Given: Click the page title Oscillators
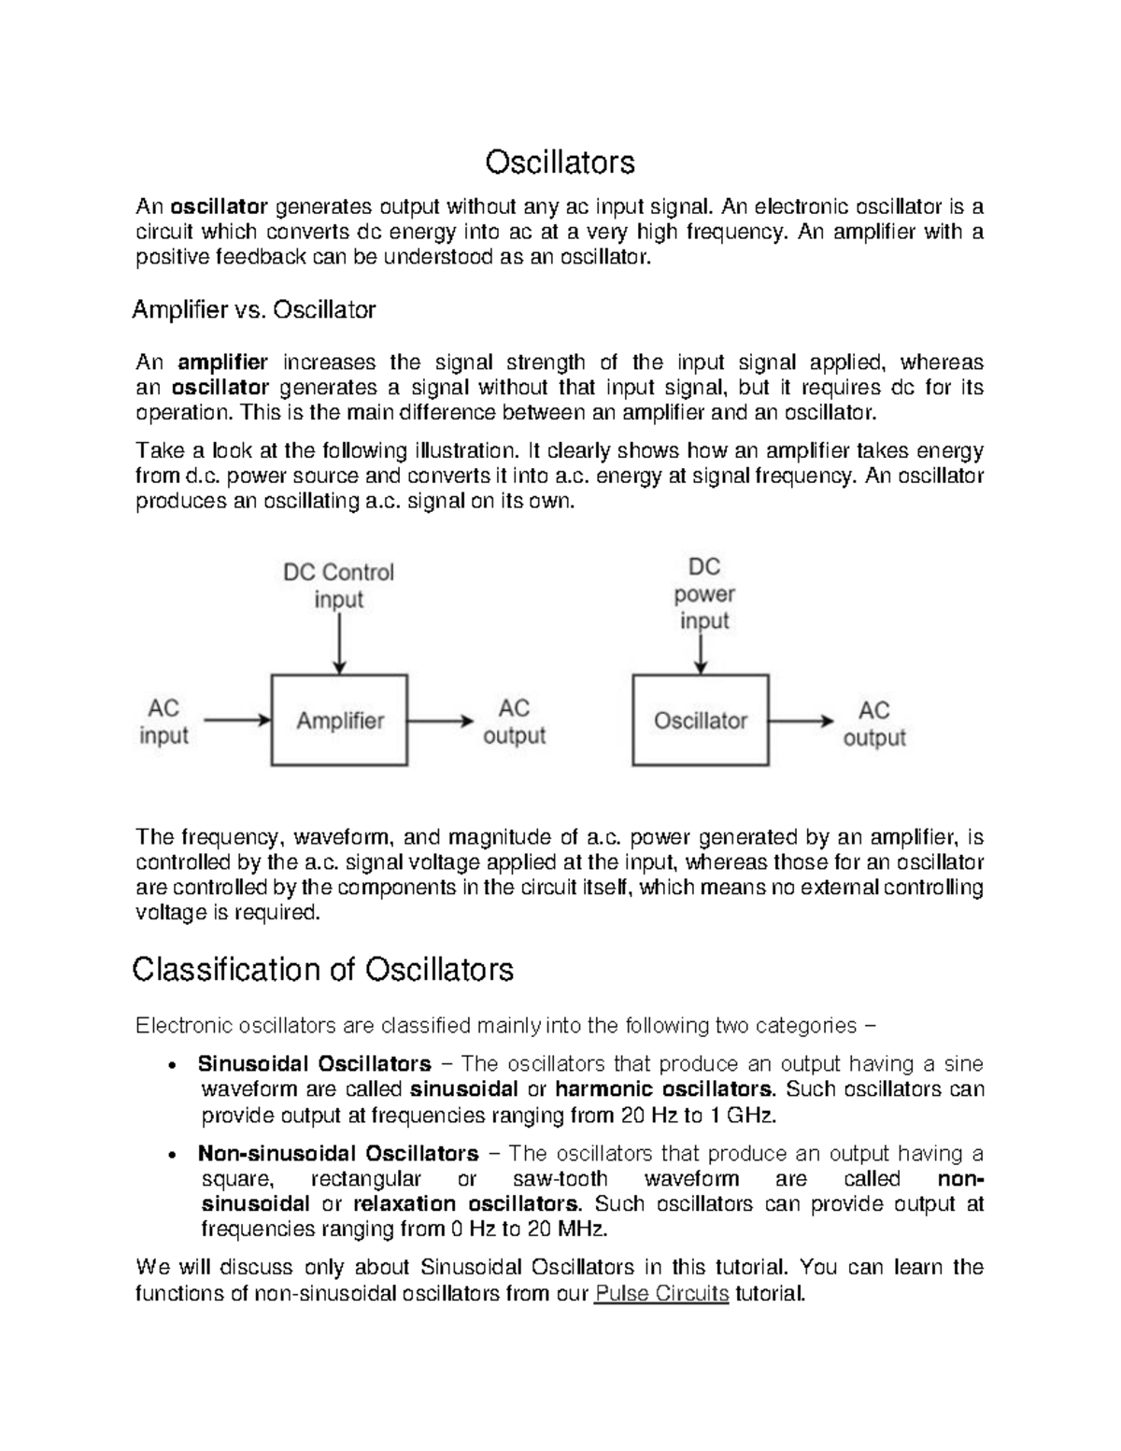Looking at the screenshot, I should coord(560,163).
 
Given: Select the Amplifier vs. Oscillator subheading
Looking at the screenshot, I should coord(254,310).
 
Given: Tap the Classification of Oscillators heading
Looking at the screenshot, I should coord(322,970).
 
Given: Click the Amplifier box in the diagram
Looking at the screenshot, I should coord(340,720).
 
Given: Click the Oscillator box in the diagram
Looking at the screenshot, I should coord(701,720).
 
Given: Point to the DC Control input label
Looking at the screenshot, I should coord(338,586).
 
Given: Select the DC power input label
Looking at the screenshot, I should coord(704,594).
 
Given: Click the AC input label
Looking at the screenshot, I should coord(163,722).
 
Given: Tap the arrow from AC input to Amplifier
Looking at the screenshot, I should coord(237,720).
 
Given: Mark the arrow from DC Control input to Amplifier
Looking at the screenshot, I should coord(340,645).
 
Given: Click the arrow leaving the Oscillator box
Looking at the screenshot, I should coord(801,720).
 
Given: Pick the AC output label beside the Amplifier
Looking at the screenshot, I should coord(514,722).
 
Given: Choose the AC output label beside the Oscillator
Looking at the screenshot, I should coord(874,724).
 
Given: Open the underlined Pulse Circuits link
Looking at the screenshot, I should coord(661,1294).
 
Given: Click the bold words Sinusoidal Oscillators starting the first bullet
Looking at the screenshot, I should coord(314,1064).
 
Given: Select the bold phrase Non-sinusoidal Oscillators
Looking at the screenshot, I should coord(338,1154).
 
